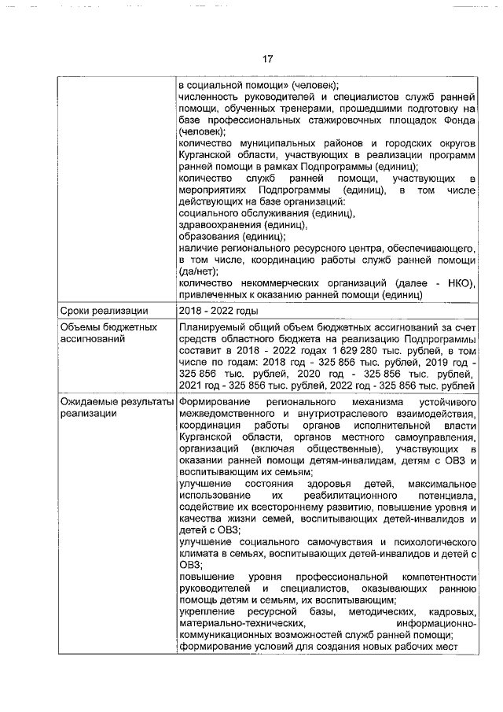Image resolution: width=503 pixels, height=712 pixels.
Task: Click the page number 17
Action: tap(267, 59)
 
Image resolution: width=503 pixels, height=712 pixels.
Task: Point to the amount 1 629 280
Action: tap(357, 350)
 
